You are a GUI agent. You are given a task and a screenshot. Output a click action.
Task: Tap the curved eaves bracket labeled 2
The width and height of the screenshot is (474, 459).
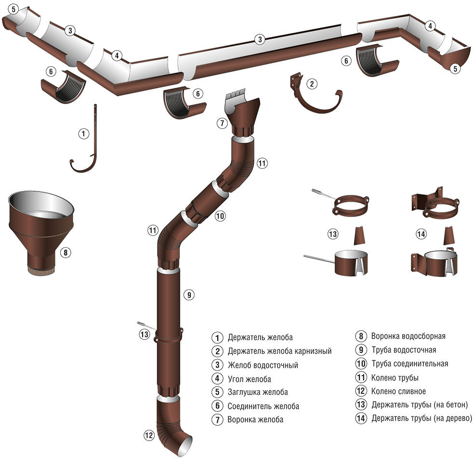click(316, 93)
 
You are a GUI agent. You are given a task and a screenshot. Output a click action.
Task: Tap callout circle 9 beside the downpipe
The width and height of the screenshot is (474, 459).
click(189, 295)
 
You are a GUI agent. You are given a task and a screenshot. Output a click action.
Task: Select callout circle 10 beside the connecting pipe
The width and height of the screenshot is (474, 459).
click(220, 216)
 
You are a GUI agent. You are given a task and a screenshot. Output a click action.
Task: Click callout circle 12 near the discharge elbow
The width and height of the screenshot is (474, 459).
click(149, 435)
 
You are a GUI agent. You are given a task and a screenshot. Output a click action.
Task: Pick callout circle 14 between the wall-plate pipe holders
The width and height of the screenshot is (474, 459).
click(421, 233)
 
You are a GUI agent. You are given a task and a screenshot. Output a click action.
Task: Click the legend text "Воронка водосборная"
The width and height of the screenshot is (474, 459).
click(408, 336)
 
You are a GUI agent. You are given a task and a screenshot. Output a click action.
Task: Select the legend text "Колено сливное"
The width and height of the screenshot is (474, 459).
click(398, 391)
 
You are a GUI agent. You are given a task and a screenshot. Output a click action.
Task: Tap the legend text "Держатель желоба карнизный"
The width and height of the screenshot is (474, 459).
click(279, 351)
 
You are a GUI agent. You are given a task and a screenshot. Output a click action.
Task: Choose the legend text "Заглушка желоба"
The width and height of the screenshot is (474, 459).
click(258, 392)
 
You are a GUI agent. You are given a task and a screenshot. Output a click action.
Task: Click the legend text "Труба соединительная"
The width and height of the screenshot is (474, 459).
click(409, 364)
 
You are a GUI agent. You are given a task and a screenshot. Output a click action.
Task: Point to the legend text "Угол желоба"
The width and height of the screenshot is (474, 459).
click(250, 379)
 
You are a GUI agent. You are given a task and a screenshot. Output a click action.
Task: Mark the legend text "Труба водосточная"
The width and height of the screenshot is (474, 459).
click(404, 350)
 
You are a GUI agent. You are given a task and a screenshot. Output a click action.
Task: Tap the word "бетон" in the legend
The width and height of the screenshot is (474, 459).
click(455, 405)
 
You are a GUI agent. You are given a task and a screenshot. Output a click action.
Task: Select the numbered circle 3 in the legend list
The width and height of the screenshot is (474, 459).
click(217, 365)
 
